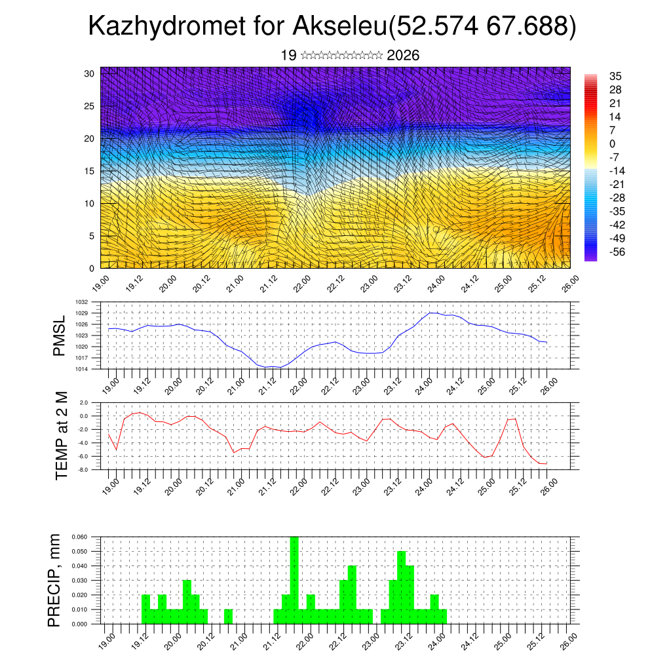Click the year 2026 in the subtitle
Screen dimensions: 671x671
403,56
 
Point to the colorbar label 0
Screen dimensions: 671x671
612,144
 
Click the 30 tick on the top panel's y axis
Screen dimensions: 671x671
89,73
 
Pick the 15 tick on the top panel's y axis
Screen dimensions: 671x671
89,171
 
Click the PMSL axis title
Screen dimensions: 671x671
60,335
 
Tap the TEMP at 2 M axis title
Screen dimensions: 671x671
62,436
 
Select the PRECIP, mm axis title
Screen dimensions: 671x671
55,580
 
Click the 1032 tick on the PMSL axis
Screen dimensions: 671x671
81,302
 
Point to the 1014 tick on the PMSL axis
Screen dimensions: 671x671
81,369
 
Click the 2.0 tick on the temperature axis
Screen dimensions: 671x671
83,402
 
